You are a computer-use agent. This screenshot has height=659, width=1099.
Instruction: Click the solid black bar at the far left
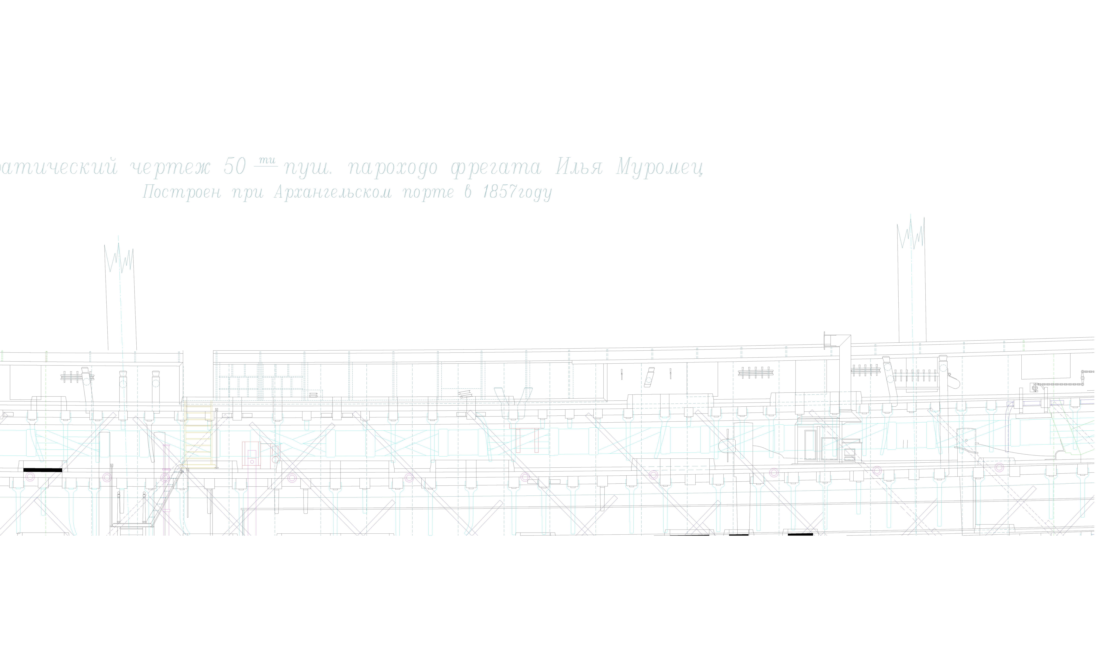click(x=43, y=470)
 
